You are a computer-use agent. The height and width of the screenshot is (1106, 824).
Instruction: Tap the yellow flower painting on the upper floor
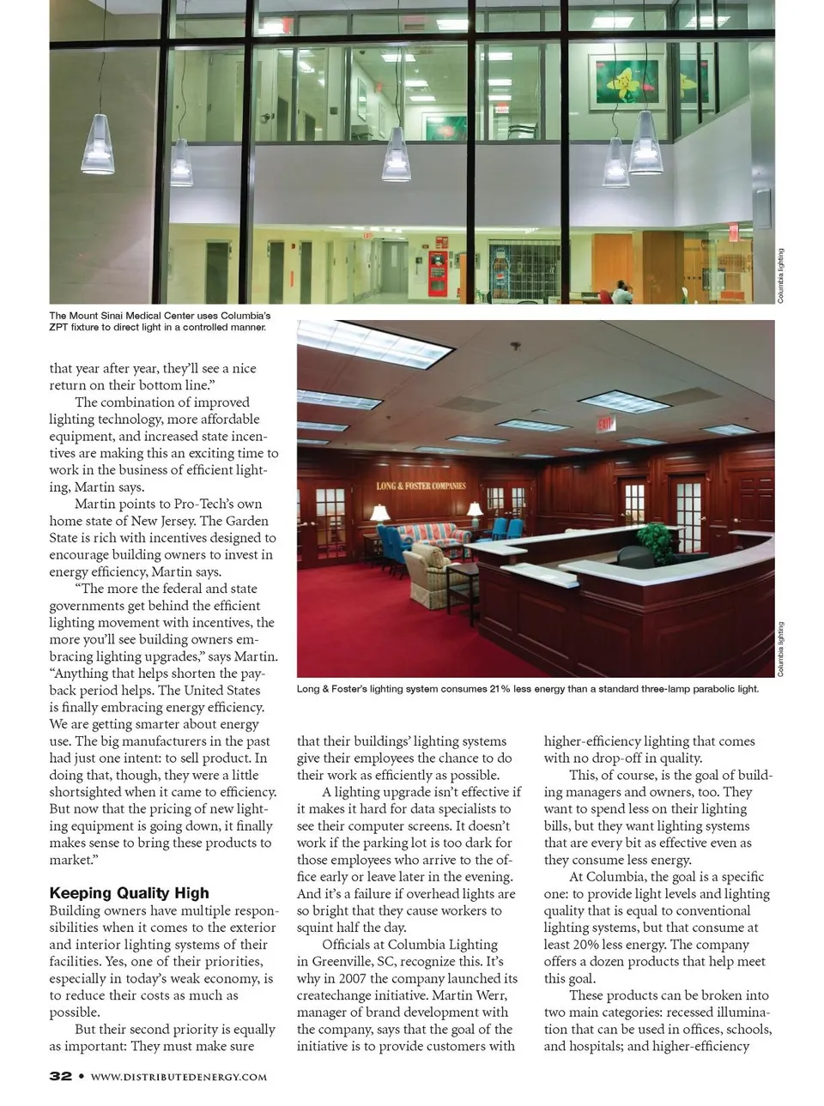[x=624, y=82]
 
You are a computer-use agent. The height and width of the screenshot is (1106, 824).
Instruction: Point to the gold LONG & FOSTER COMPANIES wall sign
[x=421, y=486]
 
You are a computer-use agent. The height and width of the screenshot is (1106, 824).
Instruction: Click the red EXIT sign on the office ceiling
[x=607, y=424]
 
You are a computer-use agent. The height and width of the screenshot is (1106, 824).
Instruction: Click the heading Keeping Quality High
[x=129, y=893]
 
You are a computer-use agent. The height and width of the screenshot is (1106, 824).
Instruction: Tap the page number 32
[x=60, y=1076]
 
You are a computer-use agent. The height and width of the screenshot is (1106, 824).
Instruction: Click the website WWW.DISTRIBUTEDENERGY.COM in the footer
[x=179, y=1077]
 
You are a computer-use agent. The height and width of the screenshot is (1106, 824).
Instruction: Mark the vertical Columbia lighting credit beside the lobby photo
[x=780, y=275]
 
